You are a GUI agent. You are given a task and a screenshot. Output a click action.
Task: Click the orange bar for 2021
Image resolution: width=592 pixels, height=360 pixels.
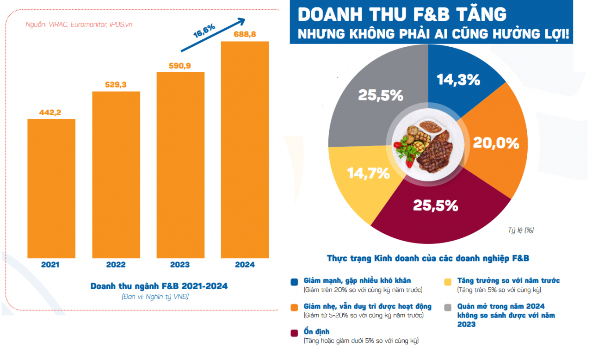coord(51,188)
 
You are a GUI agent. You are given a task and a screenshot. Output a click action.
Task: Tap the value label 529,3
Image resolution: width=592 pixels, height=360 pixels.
coord(116,85)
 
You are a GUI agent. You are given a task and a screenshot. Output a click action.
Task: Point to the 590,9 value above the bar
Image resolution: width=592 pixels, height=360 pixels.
coord(180,66)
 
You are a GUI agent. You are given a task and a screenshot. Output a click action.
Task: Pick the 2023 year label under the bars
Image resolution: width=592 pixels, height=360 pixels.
coord(180,265)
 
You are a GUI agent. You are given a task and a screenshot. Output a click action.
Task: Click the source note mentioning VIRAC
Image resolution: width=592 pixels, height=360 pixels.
coord(79,25)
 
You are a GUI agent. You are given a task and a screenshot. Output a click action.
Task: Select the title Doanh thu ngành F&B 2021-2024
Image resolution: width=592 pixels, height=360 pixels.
coord(159,286)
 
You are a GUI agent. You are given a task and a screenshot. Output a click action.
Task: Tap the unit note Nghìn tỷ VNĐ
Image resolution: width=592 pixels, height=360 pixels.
coord(155,297)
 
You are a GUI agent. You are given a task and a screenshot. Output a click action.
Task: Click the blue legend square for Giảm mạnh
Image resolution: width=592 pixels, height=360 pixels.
coord(294,281)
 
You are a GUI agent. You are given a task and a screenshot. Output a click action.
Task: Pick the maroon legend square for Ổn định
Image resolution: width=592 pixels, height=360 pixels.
coord(294,333)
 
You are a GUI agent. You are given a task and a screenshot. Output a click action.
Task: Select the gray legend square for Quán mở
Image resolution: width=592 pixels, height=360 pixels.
coord(448,307)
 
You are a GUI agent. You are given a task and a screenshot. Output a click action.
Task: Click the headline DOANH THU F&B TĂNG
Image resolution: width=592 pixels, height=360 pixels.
coord(401,14)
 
